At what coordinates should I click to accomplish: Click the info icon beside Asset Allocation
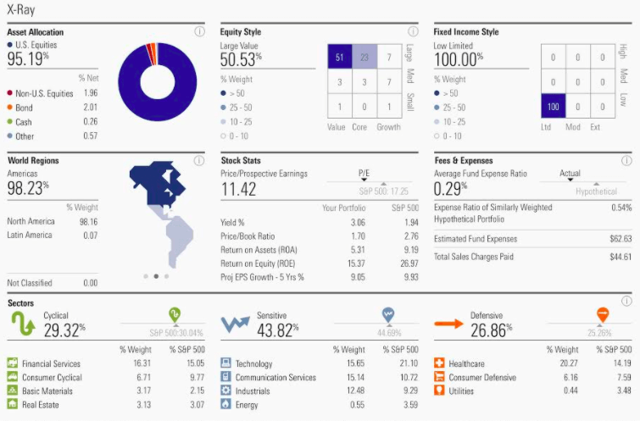click(200, 31)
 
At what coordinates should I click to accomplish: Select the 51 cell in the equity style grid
click(339, 58)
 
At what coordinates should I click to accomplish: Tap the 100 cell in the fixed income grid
click(553, 108)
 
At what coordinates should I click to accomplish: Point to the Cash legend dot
click(10, 121)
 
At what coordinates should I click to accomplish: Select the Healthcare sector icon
click(439, 363)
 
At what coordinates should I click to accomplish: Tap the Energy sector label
click(247, 404)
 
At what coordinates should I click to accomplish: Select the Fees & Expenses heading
click(464, 160)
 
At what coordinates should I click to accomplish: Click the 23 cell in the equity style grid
click(365, 58)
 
